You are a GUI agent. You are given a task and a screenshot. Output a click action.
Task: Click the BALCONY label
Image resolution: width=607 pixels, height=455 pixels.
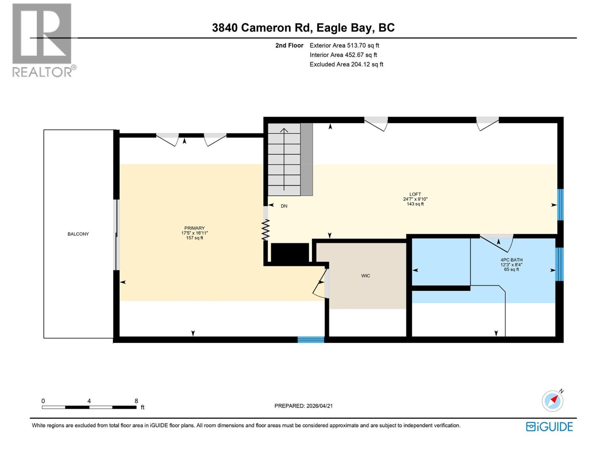tap(78, 234)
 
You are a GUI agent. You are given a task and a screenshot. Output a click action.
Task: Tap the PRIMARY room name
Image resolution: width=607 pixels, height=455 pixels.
tap(194, 228)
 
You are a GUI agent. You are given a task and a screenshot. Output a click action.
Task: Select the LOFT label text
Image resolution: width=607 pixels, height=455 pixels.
tap(415, 194)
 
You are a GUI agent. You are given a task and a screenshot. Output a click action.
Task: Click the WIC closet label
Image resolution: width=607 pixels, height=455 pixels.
tap(365, 276)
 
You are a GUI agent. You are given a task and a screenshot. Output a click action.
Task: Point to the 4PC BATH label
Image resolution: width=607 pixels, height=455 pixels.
tap(511, 260)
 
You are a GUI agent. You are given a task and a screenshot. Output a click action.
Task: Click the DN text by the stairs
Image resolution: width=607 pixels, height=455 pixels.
tap(284, 206)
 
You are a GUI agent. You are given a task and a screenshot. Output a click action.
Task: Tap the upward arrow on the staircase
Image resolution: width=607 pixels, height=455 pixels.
tap(284, 159)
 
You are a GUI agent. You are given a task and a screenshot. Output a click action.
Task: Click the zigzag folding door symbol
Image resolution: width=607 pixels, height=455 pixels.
tap(266, 230)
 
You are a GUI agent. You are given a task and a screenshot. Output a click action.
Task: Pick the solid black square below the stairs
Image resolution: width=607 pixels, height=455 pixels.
tap(290, 253)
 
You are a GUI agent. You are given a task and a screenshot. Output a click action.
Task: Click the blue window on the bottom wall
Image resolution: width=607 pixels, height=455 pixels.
tap(311, 339)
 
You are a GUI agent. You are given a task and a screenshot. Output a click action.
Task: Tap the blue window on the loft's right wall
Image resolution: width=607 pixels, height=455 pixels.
tap(560, 205)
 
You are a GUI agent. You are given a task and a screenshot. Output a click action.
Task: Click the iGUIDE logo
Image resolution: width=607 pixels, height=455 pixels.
tap(549, 427)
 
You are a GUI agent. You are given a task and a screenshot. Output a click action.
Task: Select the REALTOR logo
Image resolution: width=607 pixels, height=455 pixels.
tap(42, 40)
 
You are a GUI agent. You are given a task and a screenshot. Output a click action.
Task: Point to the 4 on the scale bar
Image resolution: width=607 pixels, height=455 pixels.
tap(89, 401)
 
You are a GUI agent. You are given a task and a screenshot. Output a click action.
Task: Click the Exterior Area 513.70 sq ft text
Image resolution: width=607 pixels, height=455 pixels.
tap(344, 45)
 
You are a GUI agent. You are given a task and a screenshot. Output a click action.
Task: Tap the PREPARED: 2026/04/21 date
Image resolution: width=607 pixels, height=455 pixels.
tap(303, 406)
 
